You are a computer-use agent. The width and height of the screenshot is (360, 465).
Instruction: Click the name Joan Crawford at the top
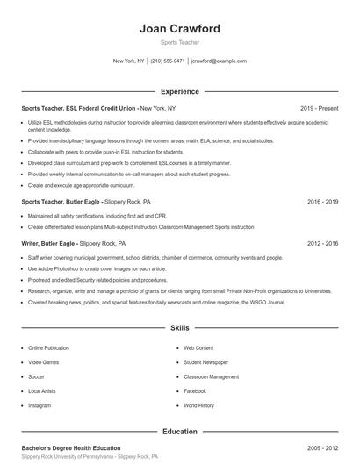[x=179, y=29]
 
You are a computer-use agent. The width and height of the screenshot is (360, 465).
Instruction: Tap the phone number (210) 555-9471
[x=168, y=61]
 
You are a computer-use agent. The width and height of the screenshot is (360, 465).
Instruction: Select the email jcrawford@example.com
[x=219, y=61]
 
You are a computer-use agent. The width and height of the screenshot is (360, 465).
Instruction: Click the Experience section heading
[x=179, y=91]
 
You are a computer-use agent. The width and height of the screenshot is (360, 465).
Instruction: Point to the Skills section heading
[x=179, y=328]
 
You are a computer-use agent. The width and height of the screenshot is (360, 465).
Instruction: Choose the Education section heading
[x=179, y=432]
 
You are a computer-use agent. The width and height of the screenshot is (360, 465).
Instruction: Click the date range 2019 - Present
[x=319, y=108]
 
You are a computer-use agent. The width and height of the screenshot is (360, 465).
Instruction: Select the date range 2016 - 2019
[x=322, y=201]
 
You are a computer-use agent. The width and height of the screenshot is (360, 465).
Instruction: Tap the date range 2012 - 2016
[x=322, y=243]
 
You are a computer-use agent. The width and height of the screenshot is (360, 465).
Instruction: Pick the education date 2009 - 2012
[x=322, y=447]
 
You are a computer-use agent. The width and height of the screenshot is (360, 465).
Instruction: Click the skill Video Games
[x=44, y=362]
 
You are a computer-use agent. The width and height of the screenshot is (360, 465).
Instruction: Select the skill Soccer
[x=37, y=376]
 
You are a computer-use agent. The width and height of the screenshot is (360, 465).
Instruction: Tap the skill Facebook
[x=195, y=391]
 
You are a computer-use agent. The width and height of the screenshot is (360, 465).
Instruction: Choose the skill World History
[x=198, y=405]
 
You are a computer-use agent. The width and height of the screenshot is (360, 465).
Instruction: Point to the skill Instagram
[x=40, y=405]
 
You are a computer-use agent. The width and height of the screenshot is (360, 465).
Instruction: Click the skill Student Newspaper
[x=206, y=362]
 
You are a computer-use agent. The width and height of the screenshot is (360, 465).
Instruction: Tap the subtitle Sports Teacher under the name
[x=179, y=42]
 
